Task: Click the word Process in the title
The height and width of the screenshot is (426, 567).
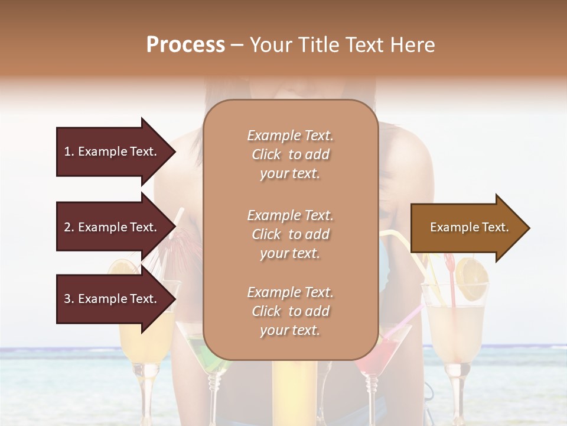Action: [x=185, y=45]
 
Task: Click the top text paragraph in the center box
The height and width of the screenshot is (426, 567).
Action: [x=290, y=154]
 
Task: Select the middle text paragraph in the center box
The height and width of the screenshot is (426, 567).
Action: [x=290, y=234]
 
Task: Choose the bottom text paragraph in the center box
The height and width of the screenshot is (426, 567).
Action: [x=290, y=311]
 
